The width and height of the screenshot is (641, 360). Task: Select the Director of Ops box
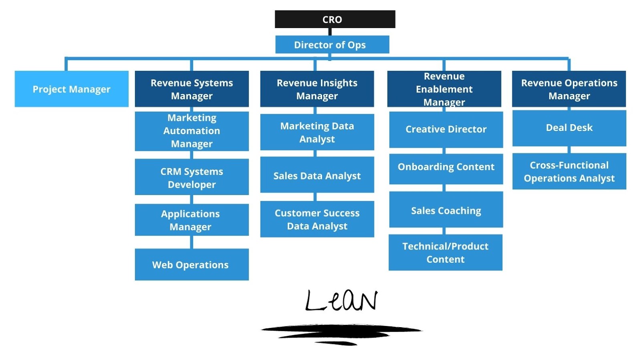[x=332, y=44]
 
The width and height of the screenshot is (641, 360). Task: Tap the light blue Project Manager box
[x=71, y=89]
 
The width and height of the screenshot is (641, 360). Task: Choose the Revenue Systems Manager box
[x=191, y=89]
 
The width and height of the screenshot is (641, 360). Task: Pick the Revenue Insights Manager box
[x=317, y=89]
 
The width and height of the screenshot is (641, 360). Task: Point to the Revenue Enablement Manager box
[x=444, y=89]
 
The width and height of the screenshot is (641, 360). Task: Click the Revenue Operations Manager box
[x=569, y=89]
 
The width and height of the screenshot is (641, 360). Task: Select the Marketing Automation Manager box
[x=191, y=131]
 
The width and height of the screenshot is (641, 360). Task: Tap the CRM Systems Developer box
[x=191, y=177]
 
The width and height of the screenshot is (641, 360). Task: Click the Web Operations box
[x=191, y=265]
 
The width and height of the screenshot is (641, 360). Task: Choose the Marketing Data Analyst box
[x=317, y=132]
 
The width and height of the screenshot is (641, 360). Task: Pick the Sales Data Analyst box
[x=317, y=175]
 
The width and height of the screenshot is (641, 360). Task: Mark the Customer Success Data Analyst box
[x=317, y=219]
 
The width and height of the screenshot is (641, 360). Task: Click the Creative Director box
[x=446, y=129]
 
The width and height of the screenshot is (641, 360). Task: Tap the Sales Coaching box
[x=446, y=210]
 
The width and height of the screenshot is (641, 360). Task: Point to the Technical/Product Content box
[x=445, y=253]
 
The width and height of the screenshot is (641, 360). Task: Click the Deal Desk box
[x=569, y=128]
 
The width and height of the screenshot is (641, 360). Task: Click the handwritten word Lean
[x=341, y=301]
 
